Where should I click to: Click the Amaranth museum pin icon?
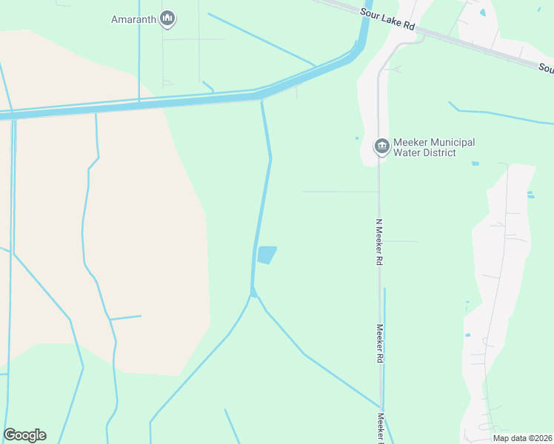[167, 19]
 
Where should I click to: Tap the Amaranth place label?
[133, 19]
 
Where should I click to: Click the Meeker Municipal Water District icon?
[381, 146]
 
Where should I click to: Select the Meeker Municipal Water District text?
[434, 147]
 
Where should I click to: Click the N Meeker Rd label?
[378, 242]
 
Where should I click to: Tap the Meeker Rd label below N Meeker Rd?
[378, 343]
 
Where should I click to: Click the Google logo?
[24, 435]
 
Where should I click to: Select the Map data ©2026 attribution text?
[521, 438]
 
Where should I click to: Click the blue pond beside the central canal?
[267, 255]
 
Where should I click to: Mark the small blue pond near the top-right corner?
[483, 12]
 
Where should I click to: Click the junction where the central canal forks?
[253, 295]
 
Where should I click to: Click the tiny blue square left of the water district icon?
[356, 138]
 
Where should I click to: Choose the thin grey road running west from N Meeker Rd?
[341, 191]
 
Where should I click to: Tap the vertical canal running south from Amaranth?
[139, 52]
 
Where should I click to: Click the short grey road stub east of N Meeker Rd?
[400, 241]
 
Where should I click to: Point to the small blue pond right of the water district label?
[475, 164]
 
